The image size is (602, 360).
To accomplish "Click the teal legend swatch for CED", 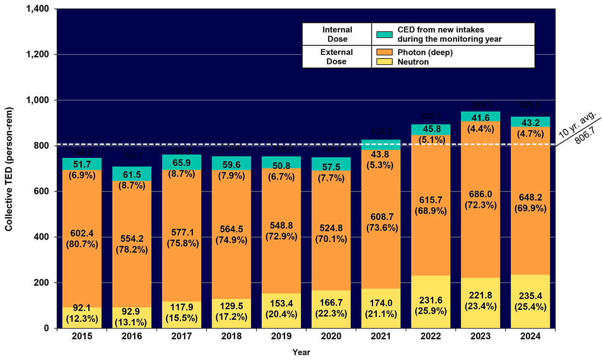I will pyautogui.click(x=384, y=35).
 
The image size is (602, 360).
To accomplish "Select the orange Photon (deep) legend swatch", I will pyautogui.click(x=384, y=53).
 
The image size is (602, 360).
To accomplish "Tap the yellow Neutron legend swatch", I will pyautogui.click(x=384, y=62).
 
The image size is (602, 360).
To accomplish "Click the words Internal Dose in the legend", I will pyautogui.click(x=337, y=34).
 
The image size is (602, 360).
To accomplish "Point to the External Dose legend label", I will pyautogui.click(x=336, y=57).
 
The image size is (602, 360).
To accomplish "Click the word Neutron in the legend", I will pyautogui.click(x=413, y=62).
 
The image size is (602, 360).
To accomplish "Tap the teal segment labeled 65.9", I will pyautogui.click(x=182, y=162).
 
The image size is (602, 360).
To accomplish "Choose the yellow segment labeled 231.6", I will pyautogui.click(x=430, y=302).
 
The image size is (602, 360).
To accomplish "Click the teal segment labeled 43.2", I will pyautogui.click(x=530, y=122).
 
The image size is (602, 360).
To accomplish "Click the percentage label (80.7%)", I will pyautogui.click(x=82, y=244).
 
